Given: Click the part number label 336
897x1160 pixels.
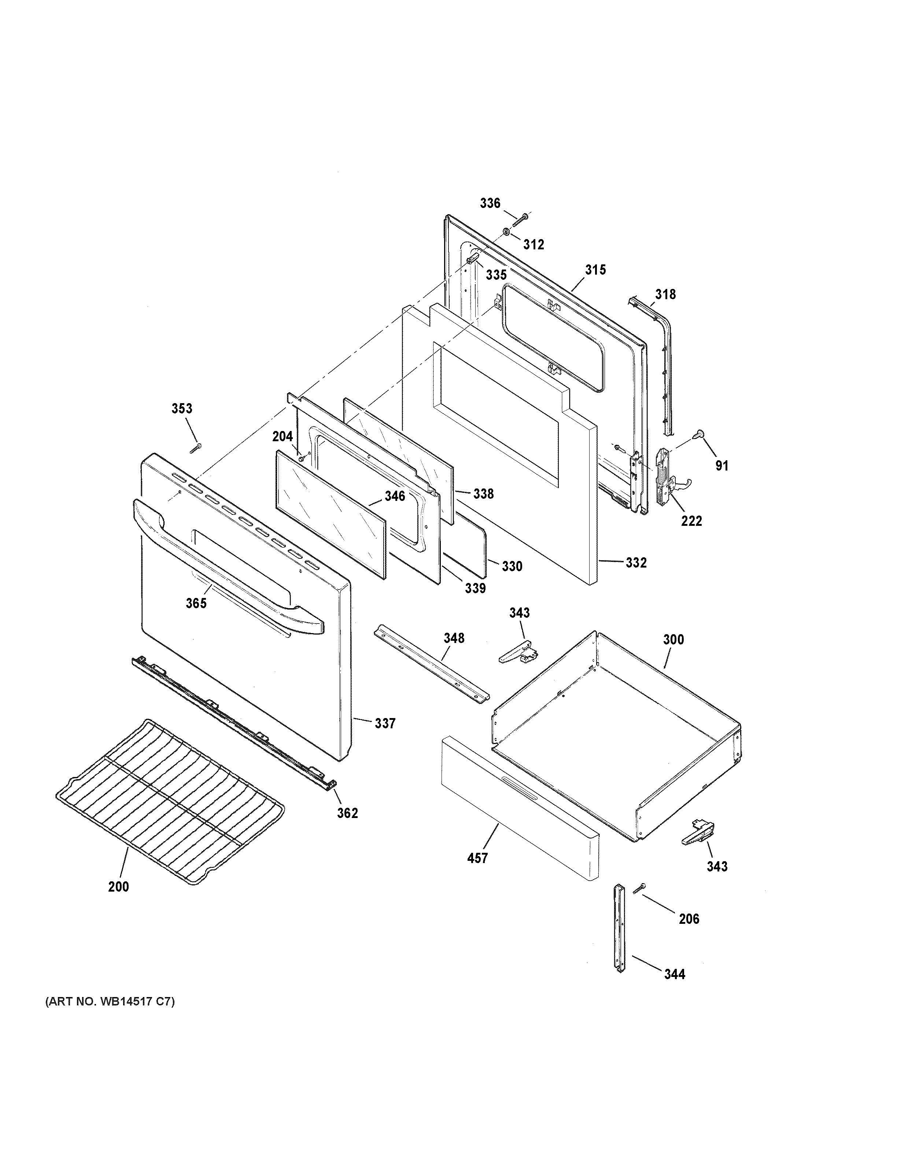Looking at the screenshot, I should [x=490, y=203].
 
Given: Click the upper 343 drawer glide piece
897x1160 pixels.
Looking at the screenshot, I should [x=517, y=652].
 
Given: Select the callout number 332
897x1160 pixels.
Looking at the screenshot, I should [x=635, y=562].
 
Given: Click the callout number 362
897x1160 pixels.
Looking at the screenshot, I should [x=347, y=813].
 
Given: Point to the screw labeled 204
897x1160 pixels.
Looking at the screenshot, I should [x=302, y=457].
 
